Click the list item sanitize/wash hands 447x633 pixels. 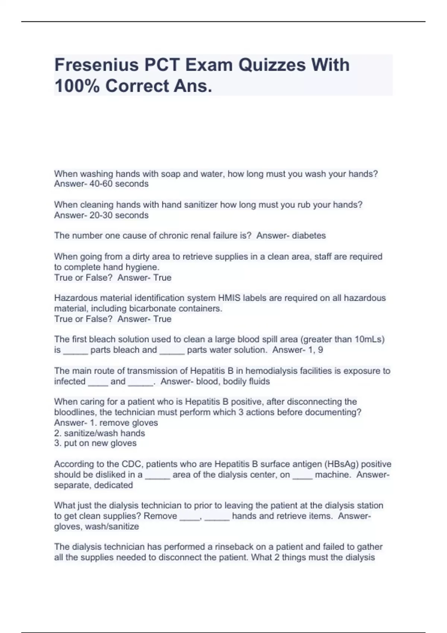104,433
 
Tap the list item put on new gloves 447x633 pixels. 100,443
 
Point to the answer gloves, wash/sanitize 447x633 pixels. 96,527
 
